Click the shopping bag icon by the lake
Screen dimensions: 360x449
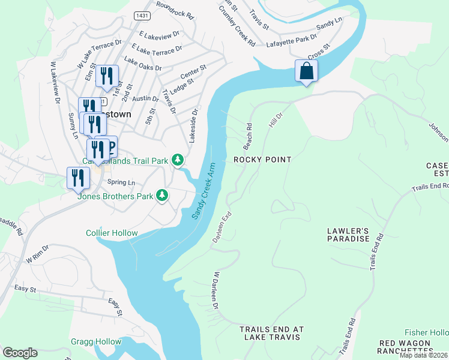tap(306, 71)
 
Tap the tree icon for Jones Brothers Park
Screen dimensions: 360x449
tap(162, 195)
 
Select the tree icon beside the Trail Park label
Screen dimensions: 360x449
tap(178, 160)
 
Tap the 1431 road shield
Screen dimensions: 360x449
tap(142, 16)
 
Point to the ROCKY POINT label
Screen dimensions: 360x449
tap(262, 160)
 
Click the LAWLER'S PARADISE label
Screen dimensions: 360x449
tap(348, 235)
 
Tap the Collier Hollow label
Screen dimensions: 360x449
tap(112, 233)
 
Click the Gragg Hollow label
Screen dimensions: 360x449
tap(95, 341)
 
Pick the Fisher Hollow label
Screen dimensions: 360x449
tap(426, 332)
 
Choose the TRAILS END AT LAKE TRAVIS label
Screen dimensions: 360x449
tap(272, 334)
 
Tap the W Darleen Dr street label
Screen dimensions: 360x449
tap(214, 290)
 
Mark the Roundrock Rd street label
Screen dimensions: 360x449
tap(175, 9)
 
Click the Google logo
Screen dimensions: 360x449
tap(20, 352)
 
